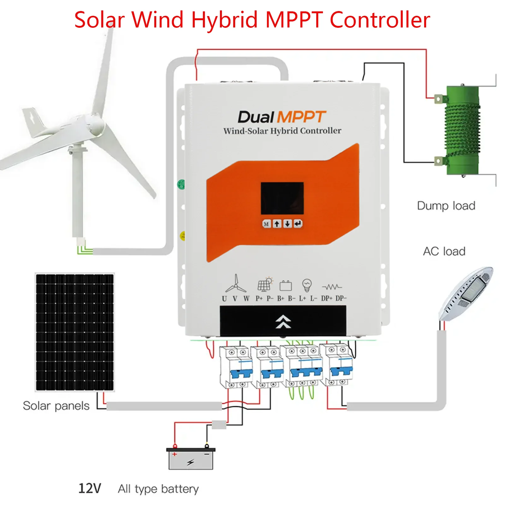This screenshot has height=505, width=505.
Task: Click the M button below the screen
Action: coord(266,224)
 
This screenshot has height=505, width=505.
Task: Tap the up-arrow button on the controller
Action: coord(277,224)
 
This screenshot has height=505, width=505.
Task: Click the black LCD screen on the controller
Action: coord(282,198)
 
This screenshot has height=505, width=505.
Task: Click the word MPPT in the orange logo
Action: coord(301,117)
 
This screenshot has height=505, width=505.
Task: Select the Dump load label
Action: coord(446,206)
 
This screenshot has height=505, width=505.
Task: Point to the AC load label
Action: coord(444,252)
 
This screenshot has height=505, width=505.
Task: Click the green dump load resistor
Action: coord(462,130)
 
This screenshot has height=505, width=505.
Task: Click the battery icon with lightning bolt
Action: coord(191,460)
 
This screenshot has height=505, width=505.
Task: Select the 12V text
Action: coord(90,488)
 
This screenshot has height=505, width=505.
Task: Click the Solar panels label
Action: coord(56,406)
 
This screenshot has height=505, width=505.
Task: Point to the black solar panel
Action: coord(74,332)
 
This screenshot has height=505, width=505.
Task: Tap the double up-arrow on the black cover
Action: coord(283,322)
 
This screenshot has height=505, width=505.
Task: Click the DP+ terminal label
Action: coord(326,298)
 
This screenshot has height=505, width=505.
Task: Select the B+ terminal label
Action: coord(281,298)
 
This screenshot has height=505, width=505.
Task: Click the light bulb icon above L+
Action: coord(306,285)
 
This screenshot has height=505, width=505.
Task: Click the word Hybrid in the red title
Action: coord(225,20)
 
